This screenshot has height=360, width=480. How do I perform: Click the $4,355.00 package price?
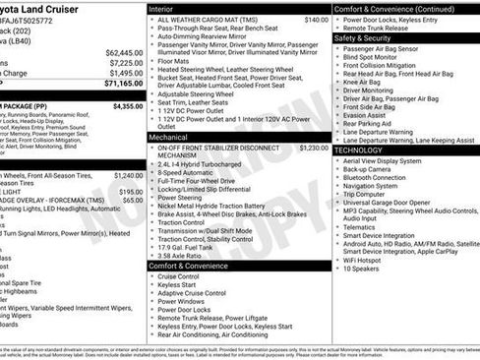[x=127, y=105]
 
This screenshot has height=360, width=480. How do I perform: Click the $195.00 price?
[x=130, y=192]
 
